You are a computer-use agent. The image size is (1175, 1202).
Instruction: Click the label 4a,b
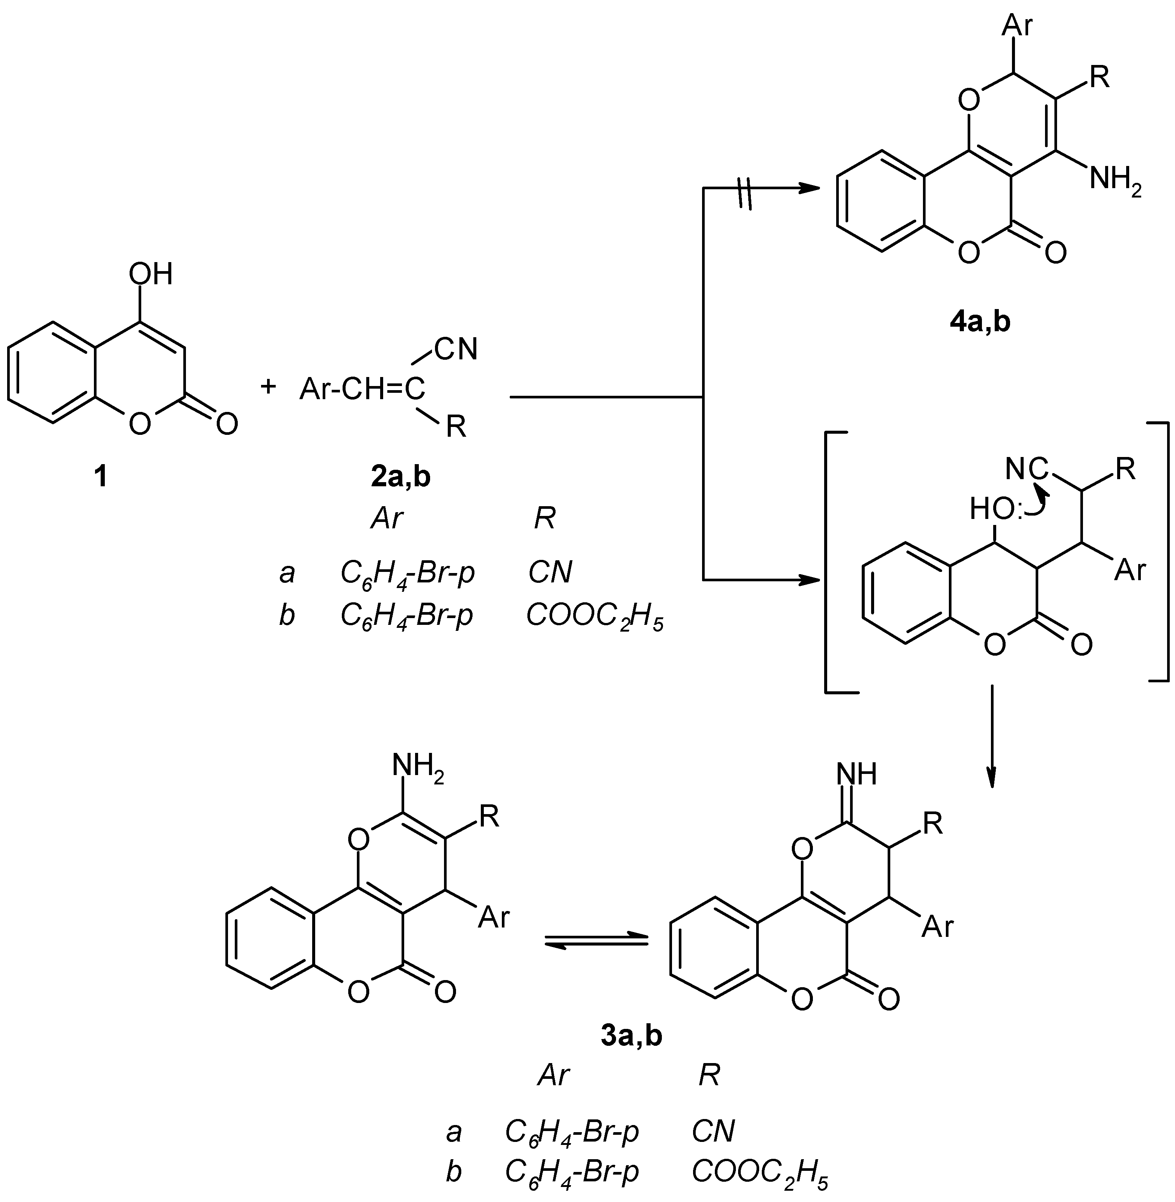980,322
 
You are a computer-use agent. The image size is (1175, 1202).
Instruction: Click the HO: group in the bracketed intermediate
994,510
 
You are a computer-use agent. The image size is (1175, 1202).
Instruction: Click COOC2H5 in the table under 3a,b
759,1171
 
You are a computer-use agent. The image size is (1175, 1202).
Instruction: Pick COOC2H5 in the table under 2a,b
594,616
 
